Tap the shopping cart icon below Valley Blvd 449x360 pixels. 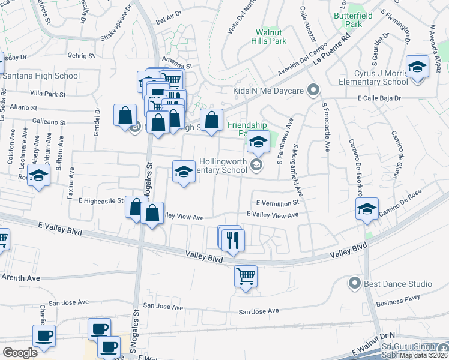[x=246, y=277]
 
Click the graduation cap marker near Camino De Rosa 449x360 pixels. [x=367, y=209]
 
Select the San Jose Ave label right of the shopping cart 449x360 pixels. [x=259, y=311]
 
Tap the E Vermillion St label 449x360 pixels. [x=277, y=203]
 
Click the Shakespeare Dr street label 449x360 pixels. [x=116, y=24]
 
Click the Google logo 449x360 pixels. [x=20, y=352]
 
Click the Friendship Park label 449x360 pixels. [x=246, y=129]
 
